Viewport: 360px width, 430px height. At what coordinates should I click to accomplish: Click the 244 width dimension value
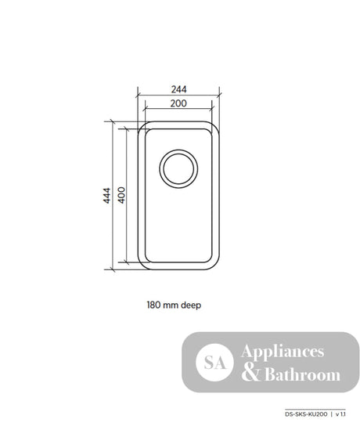pos(179,89)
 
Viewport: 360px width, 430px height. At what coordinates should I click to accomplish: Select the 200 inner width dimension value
pos(178,103)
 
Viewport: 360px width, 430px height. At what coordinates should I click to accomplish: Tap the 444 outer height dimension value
pos(106,196)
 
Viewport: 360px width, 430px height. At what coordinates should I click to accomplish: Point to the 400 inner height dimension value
pos(121,195)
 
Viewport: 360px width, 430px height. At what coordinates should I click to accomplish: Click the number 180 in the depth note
pos(153,305)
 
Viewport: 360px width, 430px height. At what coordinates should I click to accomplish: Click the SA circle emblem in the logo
pos(214,363)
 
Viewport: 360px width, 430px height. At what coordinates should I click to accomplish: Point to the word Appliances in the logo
pos(283,352)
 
